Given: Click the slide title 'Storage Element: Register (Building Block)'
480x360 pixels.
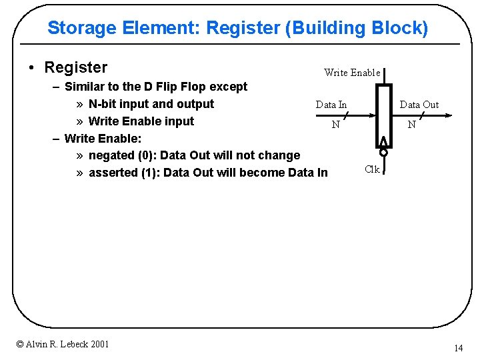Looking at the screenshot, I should [x=237, y=28].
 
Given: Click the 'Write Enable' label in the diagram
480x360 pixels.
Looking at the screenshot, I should [x=351, y=73].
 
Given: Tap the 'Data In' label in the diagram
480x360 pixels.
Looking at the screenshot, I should [x=331, y=105].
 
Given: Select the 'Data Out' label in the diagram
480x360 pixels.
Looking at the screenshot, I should [x=419, y=105].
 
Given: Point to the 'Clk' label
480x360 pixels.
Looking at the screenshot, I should [x=372, y=169].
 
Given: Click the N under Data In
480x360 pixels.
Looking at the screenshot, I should [x=336, y=125].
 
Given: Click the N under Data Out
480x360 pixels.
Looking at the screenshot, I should [x=412, y=125].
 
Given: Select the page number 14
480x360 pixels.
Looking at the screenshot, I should [x=458, y=348].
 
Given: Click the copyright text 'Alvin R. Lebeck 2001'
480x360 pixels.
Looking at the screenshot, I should [x=63, y=344].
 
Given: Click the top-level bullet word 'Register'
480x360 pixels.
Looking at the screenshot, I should [x=75, y=67].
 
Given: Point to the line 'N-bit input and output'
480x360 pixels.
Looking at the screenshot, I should [x=151, y=104].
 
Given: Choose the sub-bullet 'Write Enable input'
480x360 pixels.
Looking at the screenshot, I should [x=141, y=121].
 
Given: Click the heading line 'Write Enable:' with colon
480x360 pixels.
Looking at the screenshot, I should [x=103, y=139].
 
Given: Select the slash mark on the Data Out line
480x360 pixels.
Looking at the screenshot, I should [x=421, y=115].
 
